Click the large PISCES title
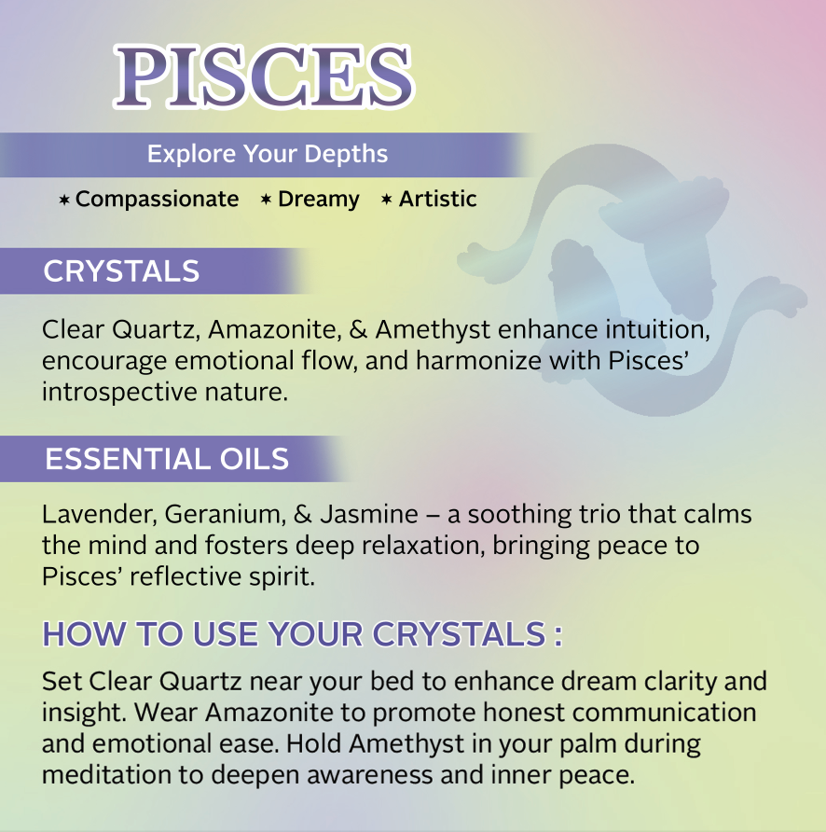264,76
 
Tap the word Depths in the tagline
346,155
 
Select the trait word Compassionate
157,200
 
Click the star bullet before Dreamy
267,200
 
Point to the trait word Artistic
437,199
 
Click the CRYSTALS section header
121,271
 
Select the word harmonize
478,361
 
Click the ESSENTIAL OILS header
167,459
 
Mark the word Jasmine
369,514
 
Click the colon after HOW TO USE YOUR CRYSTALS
558,636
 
